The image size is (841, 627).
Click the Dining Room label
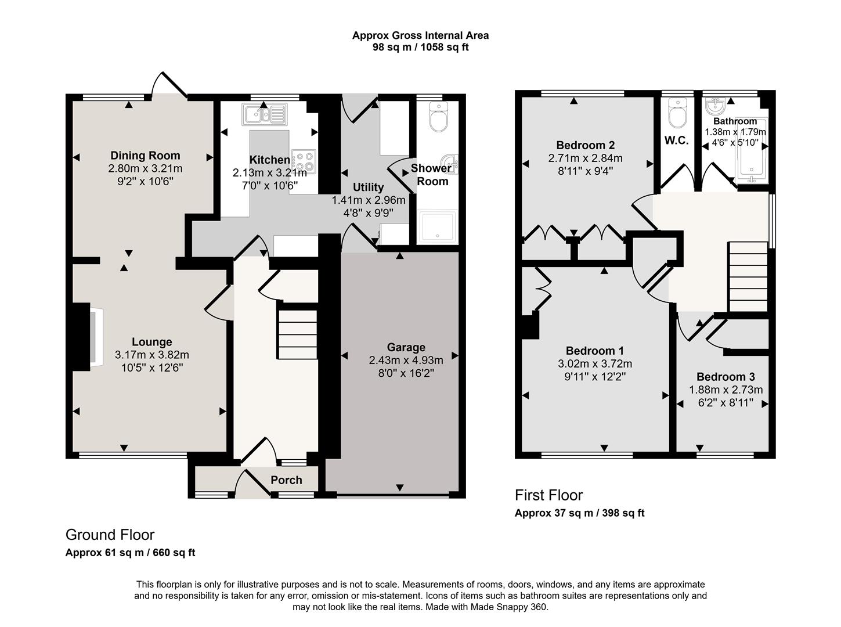145,156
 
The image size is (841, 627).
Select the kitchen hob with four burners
304,161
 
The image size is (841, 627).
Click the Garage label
406,347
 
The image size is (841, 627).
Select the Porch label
286,480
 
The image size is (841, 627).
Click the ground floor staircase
298,335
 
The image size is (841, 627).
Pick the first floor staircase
748,277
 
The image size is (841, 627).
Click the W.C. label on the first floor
676,140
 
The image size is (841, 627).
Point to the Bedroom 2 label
585,145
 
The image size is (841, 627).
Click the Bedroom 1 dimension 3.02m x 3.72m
595,364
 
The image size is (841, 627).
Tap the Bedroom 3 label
726,377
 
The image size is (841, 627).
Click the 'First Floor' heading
548,495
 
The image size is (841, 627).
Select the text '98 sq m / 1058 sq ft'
420,48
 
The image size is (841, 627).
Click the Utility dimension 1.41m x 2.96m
369,200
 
